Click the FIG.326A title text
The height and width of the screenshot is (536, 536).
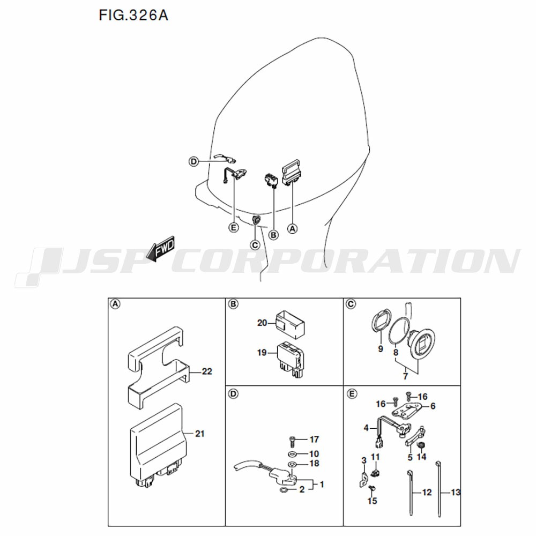(x=133, y=16)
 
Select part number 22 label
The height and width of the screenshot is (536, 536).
(x=207, y=371)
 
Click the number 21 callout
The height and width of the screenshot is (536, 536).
(x=199, y=434)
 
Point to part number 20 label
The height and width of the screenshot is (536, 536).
(x=262, y=323)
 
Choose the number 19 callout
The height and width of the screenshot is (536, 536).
(x=262, y=353)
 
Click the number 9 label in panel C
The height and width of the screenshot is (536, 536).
(x=381, y=349)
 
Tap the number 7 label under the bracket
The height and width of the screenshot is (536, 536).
(x=405, y=376)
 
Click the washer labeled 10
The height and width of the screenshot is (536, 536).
(x=292, y=454)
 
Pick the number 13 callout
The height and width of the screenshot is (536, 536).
(x=456, y=493)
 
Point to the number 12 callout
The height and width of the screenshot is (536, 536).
(x=427, y=493)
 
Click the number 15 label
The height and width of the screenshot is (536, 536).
(x=373, y=501)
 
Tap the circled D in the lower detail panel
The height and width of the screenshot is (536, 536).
(x=233, y=394)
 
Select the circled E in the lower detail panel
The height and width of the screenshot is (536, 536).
(x=352, y=394)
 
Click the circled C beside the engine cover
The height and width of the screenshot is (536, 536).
(x=255, y=245)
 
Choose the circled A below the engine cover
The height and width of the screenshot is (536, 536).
(x=292, y=228)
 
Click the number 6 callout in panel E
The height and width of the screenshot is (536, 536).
(x=433, y=406)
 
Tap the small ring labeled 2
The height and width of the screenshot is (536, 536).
(x=284, y=491)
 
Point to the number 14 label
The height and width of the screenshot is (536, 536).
(x=421, y=457)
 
